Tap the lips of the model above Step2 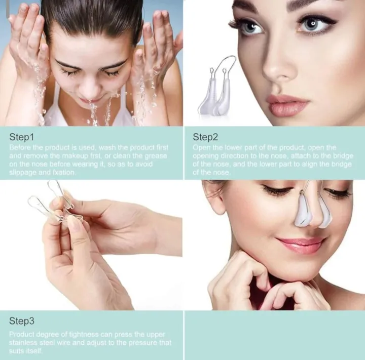287,105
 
